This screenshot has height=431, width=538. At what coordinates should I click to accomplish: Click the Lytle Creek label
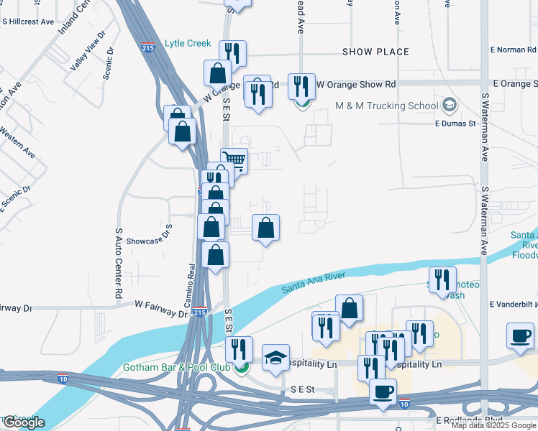188,43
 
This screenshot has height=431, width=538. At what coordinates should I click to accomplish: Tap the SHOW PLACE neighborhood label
375,52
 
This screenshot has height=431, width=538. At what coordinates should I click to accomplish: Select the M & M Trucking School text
386,106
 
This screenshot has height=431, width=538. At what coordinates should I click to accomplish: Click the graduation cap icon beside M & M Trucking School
450,106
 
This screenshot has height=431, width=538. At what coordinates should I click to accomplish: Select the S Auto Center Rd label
118,263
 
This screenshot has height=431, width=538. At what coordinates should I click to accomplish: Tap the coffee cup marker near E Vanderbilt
520,335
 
